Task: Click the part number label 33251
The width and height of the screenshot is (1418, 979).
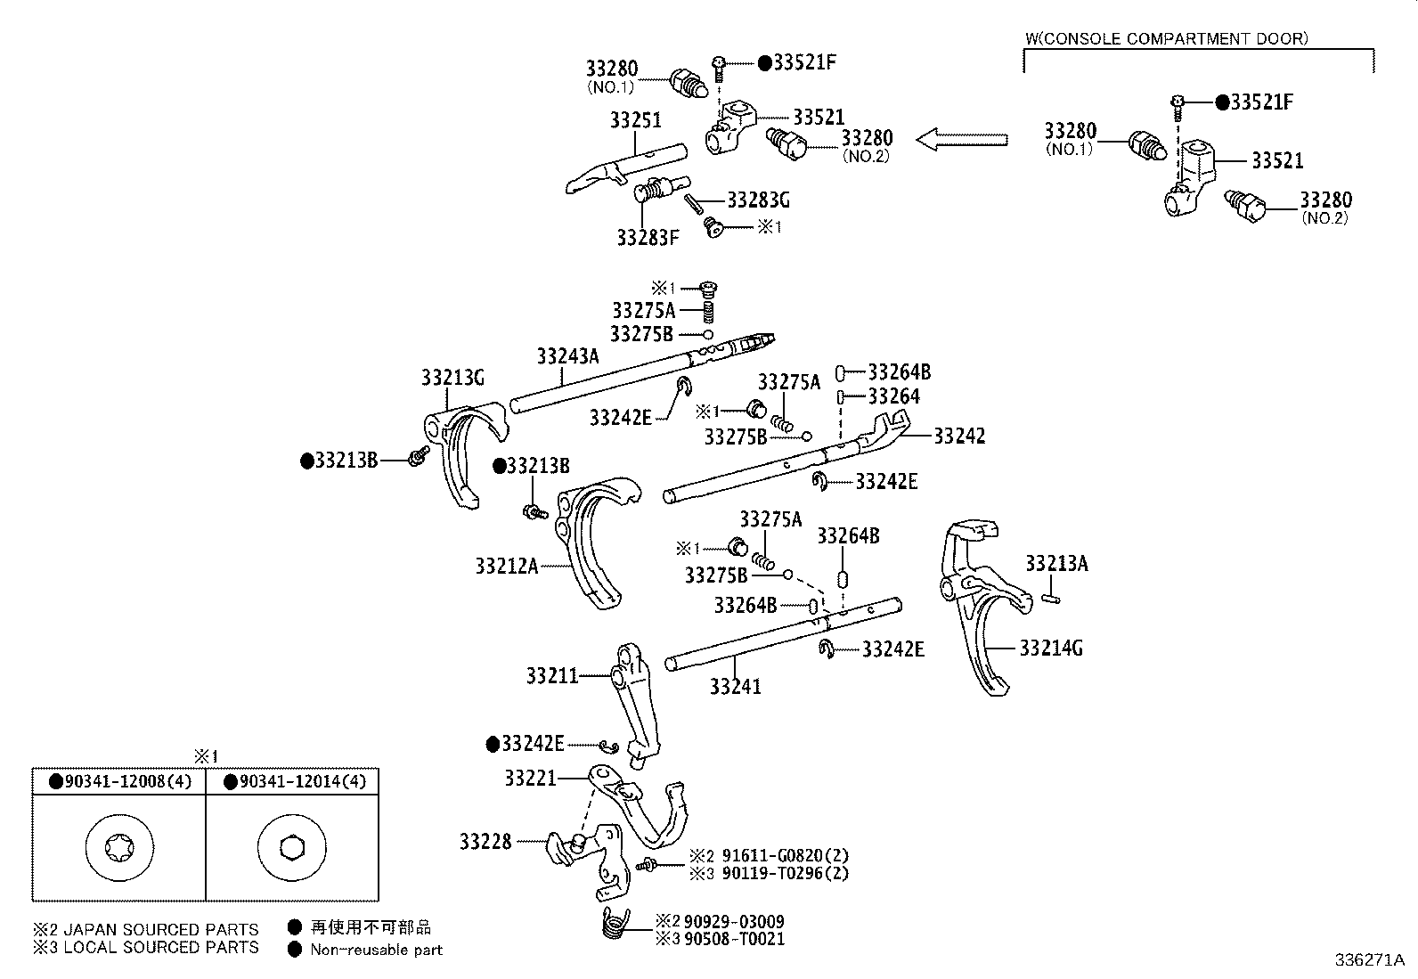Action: pyautogui.click(x=635, y=119)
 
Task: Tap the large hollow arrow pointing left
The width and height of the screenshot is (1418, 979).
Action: pyautogui.click(x=962, y=140)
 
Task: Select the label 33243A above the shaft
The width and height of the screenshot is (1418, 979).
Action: pyautogui.click(x=567, y=356)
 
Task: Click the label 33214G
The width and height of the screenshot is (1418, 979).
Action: pyautogui.click(x=1051, y=648)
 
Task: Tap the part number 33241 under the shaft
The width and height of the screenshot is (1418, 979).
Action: pyautogui.click(x=736, y=686)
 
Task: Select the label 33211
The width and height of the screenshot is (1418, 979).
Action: pyautogui.click(x=551, y=676)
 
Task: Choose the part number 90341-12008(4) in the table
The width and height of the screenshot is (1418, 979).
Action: pyautogui.click(x=127, y=782)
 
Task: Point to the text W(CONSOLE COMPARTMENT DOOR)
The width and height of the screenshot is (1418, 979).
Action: pyautogui.click(x=1167, y=38)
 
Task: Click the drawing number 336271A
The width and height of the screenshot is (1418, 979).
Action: pyautogui.click(x=1369, y=960)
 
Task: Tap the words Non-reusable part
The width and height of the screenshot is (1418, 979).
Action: pyautogui.click(x=376, y=950)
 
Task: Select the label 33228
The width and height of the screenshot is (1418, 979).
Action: pyautogui.click(x=485, y=841)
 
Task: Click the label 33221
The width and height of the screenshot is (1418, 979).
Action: pyautogui.click(x=530, y=778)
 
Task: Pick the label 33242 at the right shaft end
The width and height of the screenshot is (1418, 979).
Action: pyautogui.click(x=959, y=436)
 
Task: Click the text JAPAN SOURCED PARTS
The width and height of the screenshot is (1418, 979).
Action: pyautogui.click(x=160, y=929)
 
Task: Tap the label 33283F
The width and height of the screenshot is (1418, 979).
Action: pyautogui.click(x=648, y=238)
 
